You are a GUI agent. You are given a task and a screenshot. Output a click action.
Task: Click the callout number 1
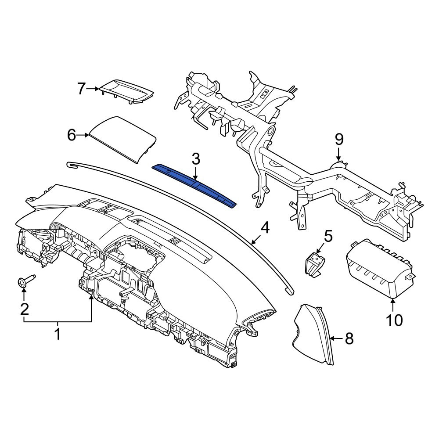(58, 335)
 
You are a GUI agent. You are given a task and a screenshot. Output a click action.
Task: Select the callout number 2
(25, 309)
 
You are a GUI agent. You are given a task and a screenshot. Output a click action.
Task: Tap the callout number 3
(195, 159)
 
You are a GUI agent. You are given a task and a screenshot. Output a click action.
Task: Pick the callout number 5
(328, 236)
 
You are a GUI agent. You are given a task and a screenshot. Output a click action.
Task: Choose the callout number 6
(72, 136)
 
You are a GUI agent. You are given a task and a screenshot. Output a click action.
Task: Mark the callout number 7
(81, 89)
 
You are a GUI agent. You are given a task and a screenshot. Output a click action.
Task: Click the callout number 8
(349, 339)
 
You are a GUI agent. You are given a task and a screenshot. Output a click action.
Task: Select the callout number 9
(339, 140)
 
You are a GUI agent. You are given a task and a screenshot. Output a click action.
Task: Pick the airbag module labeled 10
(379, 269)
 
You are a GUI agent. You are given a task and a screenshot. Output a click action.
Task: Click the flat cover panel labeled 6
(123, 139)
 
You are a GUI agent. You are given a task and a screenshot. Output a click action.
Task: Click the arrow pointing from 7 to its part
(93, 89)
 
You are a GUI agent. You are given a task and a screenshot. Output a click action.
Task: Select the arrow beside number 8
(337, 339)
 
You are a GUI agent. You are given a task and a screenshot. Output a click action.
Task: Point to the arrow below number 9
(339, 155)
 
